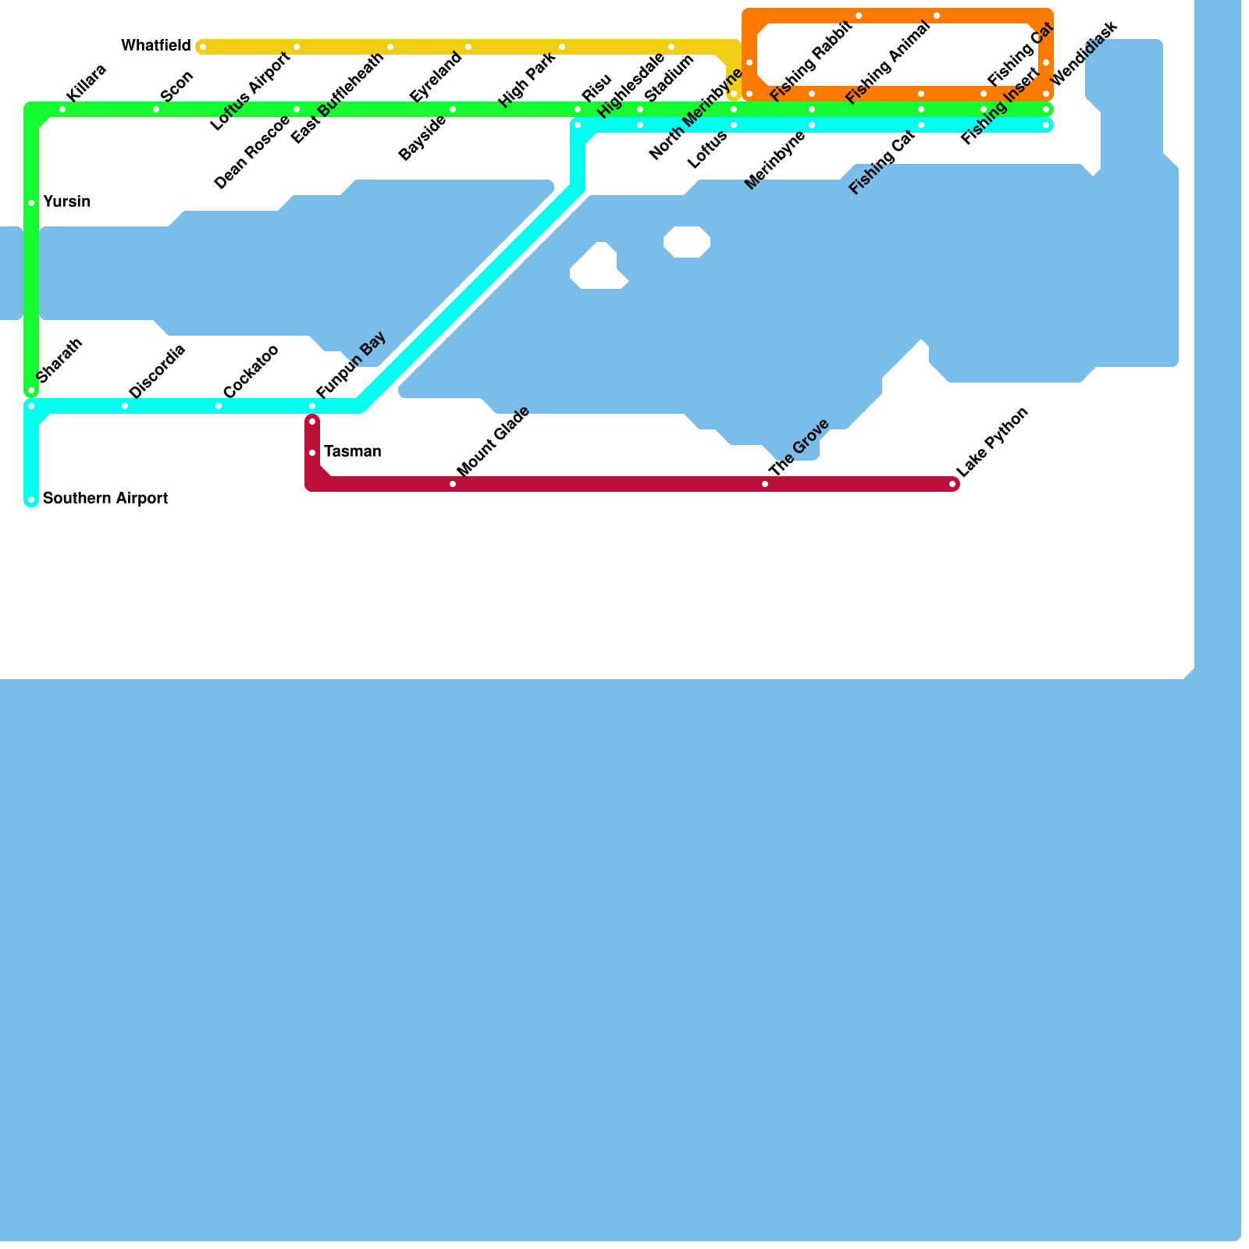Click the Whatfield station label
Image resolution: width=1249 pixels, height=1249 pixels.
tap(155, 46)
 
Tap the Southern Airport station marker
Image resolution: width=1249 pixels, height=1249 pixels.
tap(31, 500)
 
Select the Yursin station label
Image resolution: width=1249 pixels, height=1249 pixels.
tap(66, 202)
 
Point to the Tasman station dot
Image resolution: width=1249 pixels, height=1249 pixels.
tap(312, 453)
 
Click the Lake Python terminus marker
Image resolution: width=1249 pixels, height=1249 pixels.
tap(953, 484)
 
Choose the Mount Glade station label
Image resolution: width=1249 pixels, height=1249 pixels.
tap(493, 442)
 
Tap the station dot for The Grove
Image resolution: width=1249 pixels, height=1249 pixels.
tap(765, 484)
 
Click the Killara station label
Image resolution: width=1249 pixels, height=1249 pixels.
tap(86, 83)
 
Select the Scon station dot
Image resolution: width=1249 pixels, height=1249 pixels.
tap(156, 109)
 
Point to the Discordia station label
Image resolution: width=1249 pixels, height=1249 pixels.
tap(156, 371)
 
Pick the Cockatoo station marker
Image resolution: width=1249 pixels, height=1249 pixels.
tap(219, 406)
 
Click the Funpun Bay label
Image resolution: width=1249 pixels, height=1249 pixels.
tap(351, 365)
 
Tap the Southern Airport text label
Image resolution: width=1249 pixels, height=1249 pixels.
tap(105, 499)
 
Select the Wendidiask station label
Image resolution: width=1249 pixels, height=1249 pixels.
tap(1084, 55)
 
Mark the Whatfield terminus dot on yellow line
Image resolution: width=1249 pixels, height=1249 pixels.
tap(202, 47)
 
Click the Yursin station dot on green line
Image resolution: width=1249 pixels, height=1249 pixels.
tap(31, 203)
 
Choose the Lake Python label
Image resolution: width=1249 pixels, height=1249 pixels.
tap(992, 442)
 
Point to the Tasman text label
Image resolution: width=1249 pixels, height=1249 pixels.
tap(352, 452)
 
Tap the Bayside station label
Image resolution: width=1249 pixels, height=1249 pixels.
tap(422, 138)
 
